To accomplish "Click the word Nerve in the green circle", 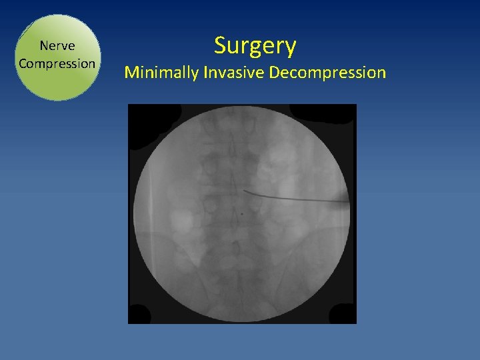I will (57, 46).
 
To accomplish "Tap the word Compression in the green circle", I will (57, 64).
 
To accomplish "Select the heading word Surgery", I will (255, 46).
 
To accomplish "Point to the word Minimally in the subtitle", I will (161, 72).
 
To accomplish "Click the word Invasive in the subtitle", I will (233, 72).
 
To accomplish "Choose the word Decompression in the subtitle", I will (327, 72).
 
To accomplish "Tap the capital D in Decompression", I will (274, 72).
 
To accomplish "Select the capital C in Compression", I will (23, 64).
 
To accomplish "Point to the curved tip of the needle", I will (246, 192).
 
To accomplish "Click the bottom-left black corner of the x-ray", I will (139, 313).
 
